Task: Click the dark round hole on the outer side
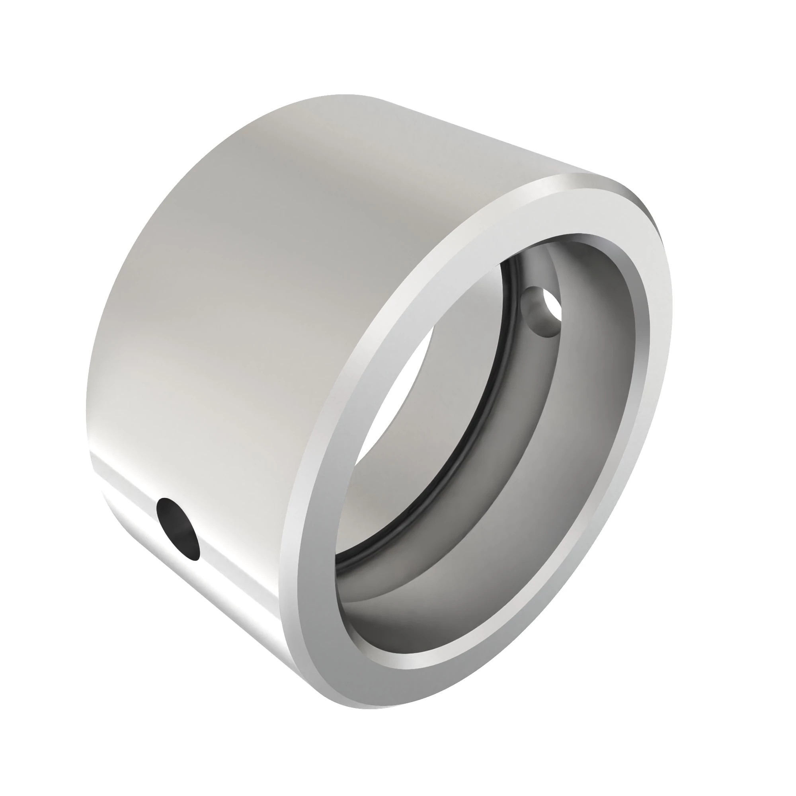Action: [x=178, y=529]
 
